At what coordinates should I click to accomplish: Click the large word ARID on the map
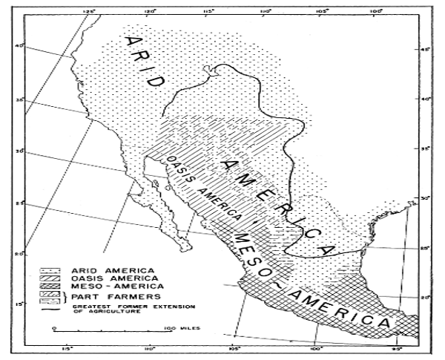(145, 59)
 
